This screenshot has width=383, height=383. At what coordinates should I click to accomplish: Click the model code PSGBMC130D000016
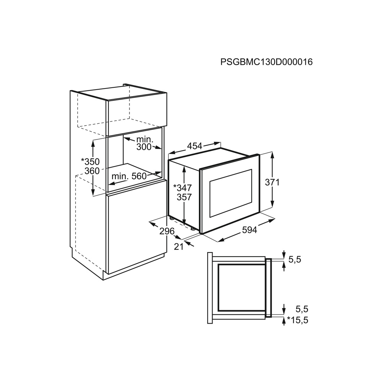tap(267, 62)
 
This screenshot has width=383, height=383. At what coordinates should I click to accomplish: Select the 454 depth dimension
tap(195, 146)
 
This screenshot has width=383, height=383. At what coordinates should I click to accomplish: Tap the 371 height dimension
tap(272, 182)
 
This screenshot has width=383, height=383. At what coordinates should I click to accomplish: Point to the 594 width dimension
tap(249, 230)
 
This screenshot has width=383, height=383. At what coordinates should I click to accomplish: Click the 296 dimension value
tap(167, 231)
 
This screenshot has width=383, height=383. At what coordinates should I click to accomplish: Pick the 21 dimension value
tap(178, 247)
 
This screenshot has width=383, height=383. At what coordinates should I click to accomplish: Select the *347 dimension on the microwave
tap(182, 188)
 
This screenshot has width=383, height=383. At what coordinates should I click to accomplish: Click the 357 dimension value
tap(184, 197)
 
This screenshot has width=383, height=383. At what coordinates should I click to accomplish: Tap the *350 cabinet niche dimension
tap(90, 162)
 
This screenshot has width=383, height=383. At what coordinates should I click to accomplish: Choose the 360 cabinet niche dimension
tap(92, 171)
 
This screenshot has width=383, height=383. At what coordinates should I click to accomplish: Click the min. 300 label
tap(144, 143)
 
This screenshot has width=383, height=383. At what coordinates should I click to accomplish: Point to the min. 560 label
tap(129, 176)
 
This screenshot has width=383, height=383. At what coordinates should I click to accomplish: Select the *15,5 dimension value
tap(298, 320)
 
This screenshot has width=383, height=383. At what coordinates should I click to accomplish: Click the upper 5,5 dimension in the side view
tap(295, 259)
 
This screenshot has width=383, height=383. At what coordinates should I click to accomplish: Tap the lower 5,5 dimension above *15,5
tap(302, 309)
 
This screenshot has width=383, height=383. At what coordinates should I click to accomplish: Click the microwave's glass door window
tap(231, 193)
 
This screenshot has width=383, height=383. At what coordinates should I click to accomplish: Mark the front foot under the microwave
tap(193, 229)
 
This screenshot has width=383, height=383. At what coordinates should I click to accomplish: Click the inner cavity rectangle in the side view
tap(242, 287)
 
